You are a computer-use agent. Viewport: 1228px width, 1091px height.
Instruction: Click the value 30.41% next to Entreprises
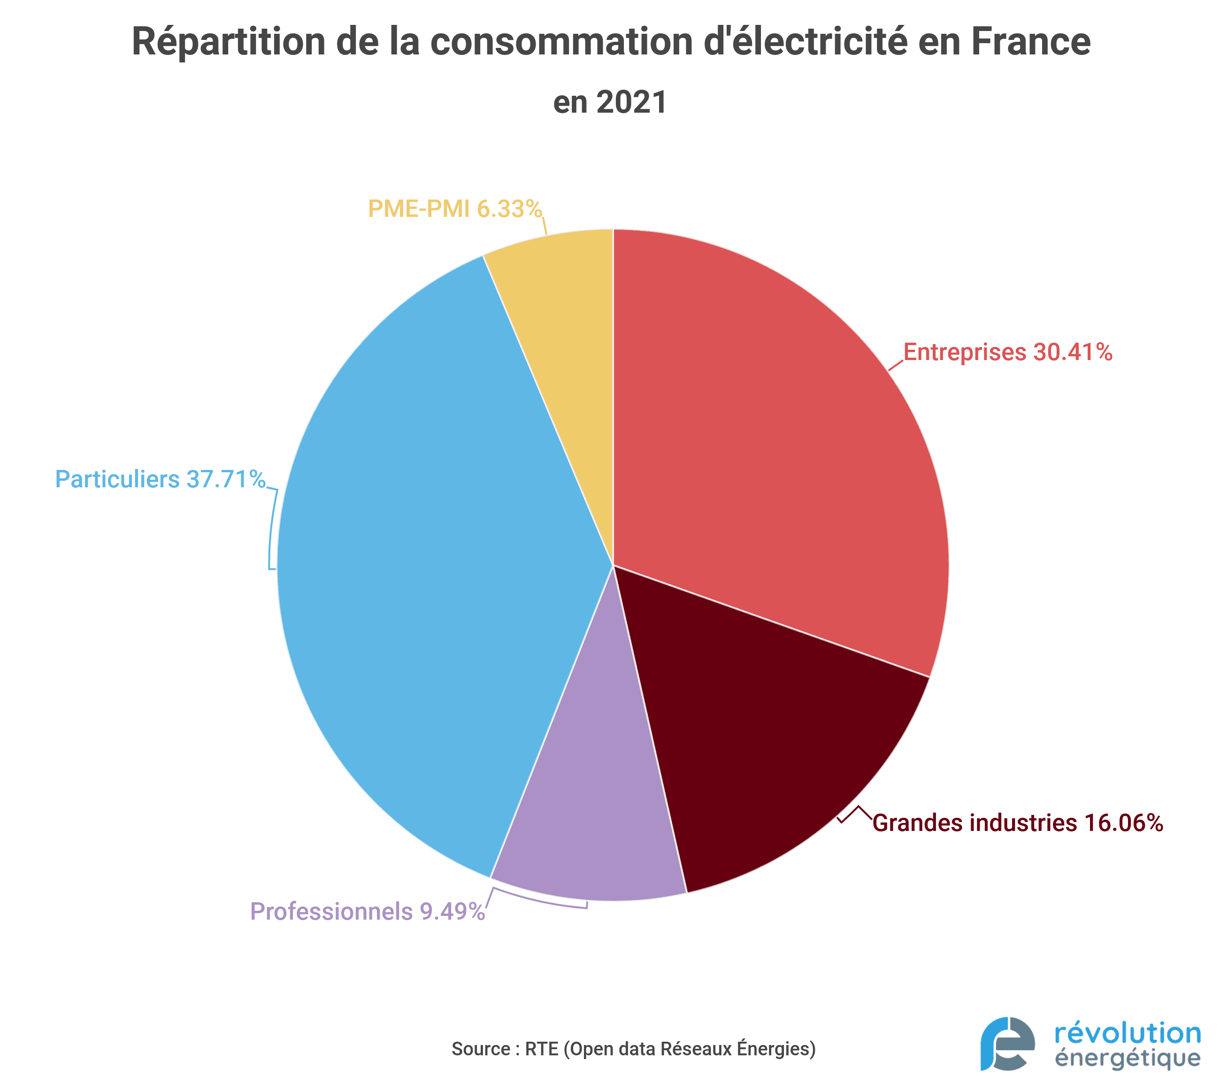tap(1073, 352)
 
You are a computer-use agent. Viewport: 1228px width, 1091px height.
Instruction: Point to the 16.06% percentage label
tap(1123, 823)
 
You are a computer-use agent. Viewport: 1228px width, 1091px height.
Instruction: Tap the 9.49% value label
tap(452, 911)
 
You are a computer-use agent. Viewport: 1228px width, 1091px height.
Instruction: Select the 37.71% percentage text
tap(226, 479)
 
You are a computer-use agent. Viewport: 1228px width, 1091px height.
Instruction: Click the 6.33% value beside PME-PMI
tap(509, 209)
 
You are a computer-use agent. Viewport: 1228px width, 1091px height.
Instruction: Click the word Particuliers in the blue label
tap(117, 479)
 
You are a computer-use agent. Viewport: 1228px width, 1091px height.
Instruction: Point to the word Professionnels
tap(331, 911)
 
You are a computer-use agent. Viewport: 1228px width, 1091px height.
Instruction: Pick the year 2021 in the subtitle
tap(631, 102)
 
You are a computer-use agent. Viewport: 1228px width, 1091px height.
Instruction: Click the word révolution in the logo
tap(1127, 1033)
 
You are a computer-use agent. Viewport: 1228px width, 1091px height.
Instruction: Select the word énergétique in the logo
tap(1127, 1059)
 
